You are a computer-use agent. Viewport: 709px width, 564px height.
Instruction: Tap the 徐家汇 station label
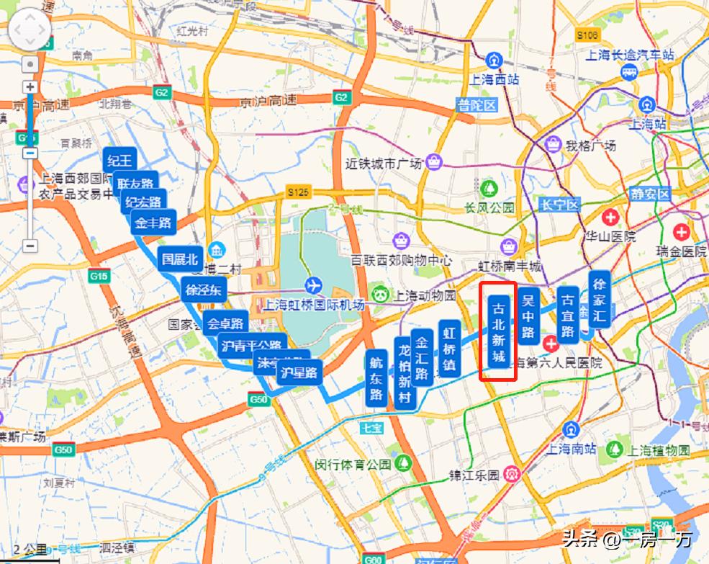click(600, 299)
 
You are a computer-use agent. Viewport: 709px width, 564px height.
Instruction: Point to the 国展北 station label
click(179, 259)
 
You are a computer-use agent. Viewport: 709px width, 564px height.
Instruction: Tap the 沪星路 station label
click(299, 372)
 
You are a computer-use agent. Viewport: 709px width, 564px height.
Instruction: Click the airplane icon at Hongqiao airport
click(312, 283)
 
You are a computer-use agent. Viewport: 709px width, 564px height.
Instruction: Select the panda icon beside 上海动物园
click(379, 295)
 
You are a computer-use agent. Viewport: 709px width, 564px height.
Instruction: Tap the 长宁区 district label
click(559, 205)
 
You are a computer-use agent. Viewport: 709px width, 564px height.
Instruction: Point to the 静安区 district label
click(650, 194)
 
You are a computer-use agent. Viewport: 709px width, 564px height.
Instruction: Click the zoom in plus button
click(30, 86)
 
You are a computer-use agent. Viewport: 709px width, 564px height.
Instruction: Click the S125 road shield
click(297, 192)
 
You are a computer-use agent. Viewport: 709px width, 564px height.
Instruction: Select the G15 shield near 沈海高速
click(98, 276)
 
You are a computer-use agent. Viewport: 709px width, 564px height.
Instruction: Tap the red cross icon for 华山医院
click(610, 216)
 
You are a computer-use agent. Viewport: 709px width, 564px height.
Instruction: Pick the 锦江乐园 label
click(474, 475)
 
